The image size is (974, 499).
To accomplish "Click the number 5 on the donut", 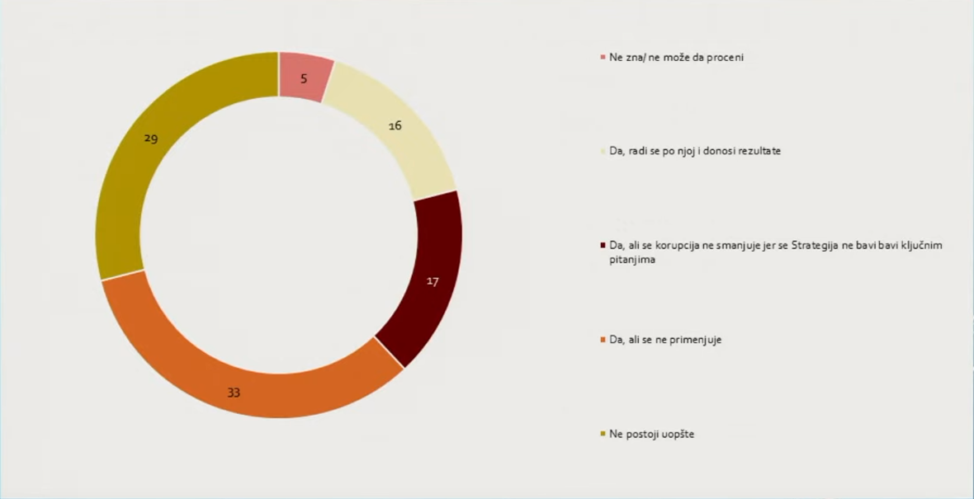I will pyautogui.click(x=304, y=79).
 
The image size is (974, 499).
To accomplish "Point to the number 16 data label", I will pyautogui.click(x=395, y=125).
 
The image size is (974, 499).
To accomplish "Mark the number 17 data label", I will pyautogui.click(x=432, y=281).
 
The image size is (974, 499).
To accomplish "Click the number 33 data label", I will pyautogui.click(x=234, y=393).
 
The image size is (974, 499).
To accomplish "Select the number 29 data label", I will pyautogui.click(x=150, y=139).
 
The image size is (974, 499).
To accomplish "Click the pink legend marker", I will pyautogui.click(x=603, y=58).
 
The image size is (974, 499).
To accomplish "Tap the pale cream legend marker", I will pyautogui.click(x=603, y=152).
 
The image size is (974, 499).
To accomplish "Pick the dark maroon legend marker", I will pyautogui.click(x=603, y=246).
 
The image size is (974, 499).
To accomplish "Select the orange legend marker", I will pyautogui.click(x=603, y=340).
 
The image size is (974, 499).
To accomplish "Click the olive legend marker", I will pyautogui.click(x=603, y=434).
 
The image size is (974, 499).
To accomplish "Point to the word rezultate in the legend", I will pyautogui.click(x=757, y=152).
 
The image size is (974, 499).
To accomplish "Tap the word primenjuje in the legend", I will pyautogui.click(x=694, y=340).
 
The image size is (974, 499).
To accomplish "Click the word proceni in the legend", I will pyautogui.click(x=725, y=58).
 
